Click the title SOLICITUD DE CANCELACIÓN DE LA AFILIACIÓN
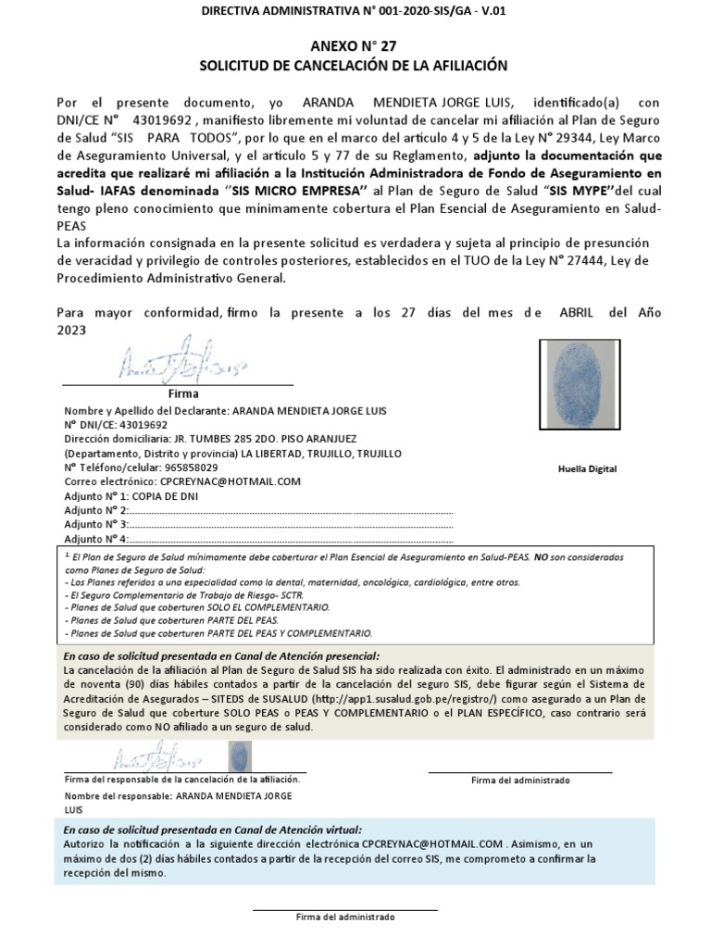pyautogui.click(x=355, y=66)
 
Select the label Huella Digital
pyautogui.click(x=587, y=469)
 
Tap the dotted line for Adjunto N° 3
pyautogui.click(x=292, y=524)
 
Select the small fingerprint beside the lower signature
pyautogui.click(x=239, y=758)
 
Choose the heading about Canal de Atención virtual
pyautogui.click(x=213, y=830)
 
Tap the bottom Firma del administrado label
pyautogui.click(x=344, y=917)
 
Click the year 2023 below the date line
pyautogui.click(x=71, y=330)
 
